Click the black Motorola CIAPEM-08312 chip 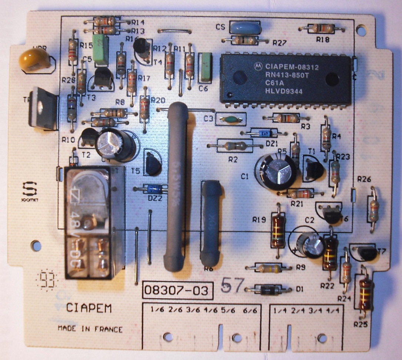click(285, 79)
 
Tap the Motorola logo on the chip click(256, 67)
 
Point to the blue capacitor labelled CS click(245, 28)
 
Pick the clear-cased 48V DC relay click(89, 222)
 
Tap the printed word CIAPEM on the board click(89, 308)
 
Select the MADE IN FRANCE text click(90, 329)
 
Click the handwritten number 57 click(232, 285)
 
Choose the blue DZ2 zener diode click(154, 189)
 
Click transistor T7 click(368, 253)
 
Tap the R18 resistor click(322, 28)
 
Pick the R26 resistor click(373, 210)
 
